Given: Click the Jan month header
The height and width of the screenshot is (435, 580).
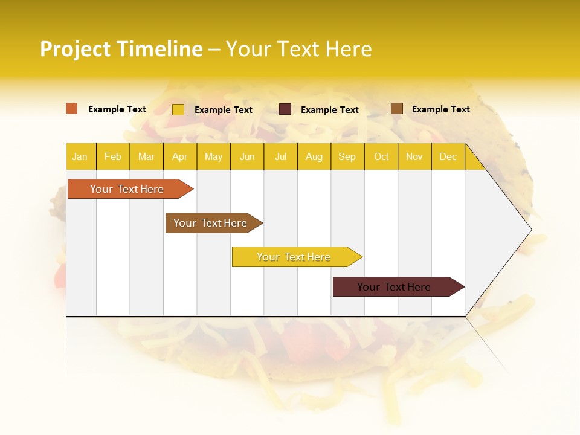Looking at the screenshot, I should [x=80, y=156].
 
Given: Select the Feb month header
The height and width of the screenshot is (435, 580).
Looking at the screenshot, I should [x=113, y=156].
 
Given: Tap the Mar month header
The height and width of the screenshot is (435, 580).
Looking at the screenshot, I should [x=146, y=156].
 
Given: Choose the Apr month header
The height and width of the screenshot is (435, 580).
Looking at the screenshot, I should [x=180, y=156].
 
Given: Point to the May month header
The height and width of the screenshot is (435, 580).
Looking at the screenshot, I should [x=213, y=156].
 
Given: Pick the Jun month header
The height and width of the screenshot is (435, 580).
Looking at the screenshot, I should [x=247, y=156].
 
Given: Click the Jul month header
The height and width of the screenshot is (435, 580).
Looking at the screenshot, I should [x=280, y=156].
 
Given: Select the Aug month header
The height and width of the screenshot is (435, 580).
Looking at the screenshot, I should [x=314, y=156].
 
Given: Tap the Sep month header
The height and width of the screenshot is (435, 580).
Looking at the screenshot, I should [x=347, y=156].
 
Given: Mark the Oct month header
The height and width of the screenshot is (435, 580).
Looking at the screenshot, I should [x=381, y=156].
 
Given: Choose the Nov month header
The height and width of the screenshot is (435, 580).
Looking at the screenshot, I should [x=414, y=156].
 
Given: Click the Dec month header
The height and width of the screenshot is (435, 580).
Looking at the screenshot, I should [x=448, y=156].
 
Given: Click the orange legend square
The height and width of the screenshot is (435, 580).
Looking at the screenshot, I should [x=72, y=109].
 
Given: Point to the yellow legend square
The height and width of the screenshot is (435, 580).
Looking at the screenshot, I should [x=178, y=109].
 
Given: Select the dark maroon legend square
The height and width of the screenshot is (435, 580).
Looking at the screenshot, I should [x=285, y=109].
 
